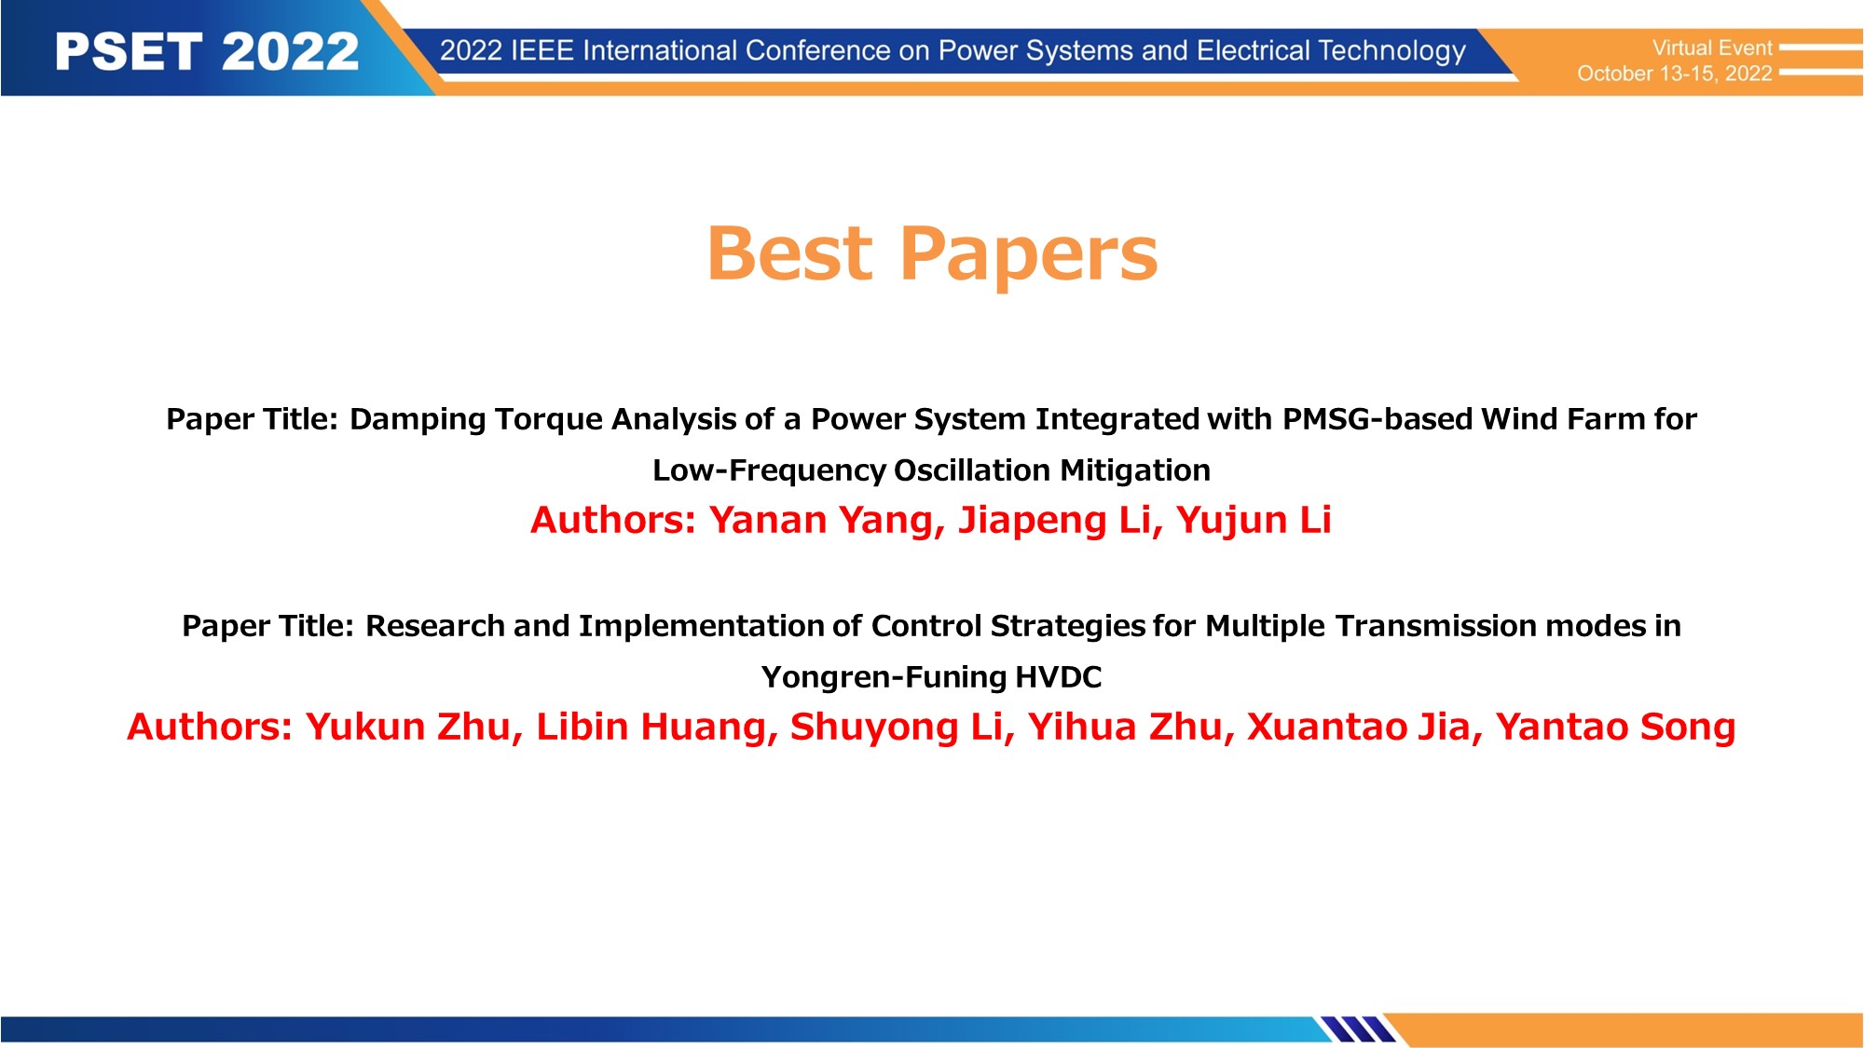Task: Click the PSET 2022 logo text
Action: click(207, 51)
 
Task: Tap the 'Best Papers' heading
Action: click(932, 253)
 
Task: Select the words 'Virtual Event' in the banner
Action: click(1712, 48)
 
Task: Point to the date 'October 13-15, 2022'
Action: click(1675, 74)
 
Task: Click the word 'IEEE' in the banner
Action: click(542, 50)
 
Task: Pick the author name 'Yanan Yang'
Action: click(821, 521)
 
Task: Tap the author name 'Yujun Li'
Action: click(1254, 521)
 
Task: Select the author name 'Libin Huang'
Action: click(651, 728)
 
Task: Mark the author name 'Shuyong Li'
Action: click(897, 728)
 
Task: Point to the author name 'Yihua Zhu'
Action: click(1125, 728)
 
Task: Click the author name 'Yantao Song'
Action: click(1616, 728)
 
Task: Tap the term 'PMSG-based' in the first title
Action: click(1377, 419)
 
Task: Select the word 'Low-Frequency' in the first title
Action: click(769, 471)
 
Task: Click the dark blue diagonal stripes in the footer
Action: click(1358, 1028)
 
